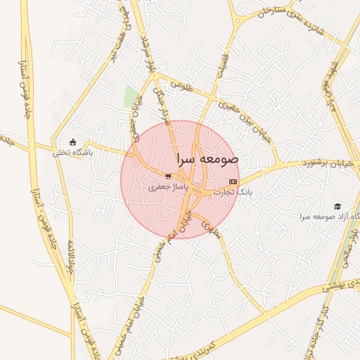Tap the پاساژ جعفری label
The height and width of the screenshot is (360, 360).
(167, 188)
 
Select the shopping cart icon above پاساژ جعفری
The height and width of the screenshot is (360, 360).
(167, 176)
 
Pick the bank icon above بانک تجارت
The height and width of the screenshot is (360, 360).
(233, 181)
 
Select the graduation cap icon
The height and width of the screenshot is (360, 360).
(338, 206)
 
